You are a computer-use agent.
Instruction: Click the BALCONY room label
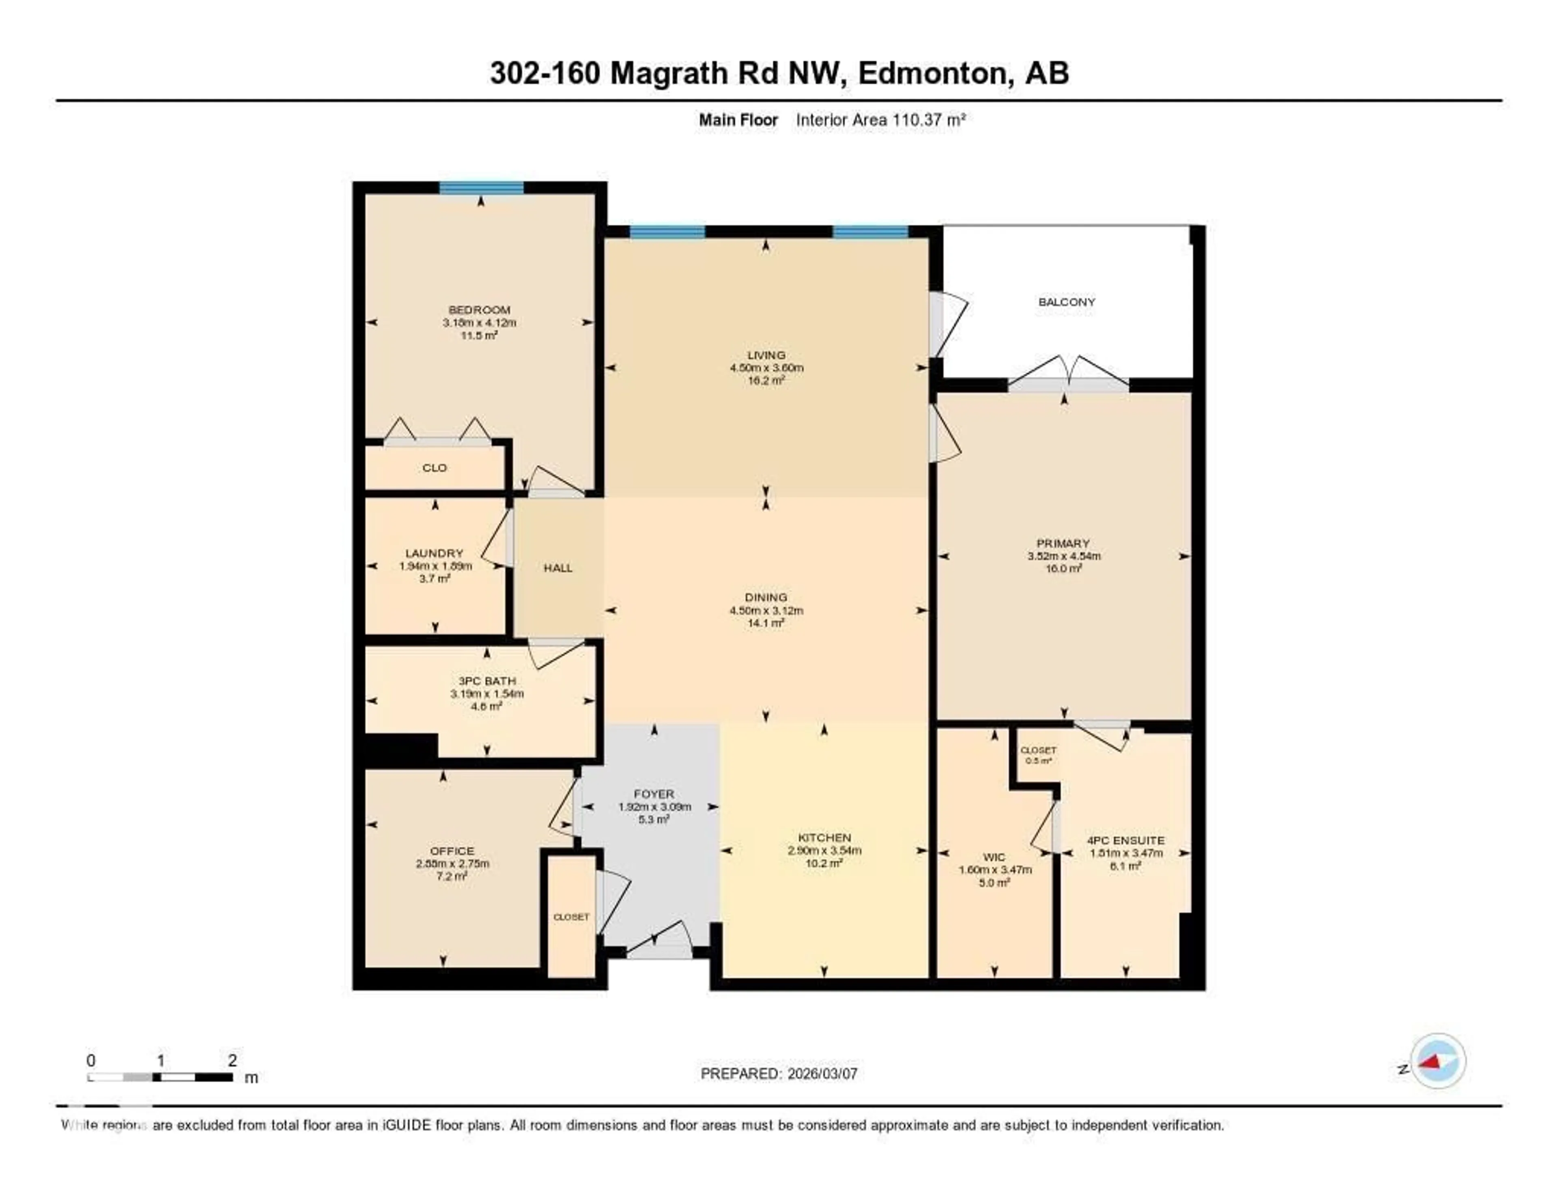pyautogui.click(x=1067, y=302)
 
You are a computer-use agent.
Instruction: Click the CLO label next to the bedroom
pyautogui.click(x=435, y=468)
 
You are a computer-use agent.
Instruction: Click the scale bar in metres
pyautogui.click(x=161, y=1077)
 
